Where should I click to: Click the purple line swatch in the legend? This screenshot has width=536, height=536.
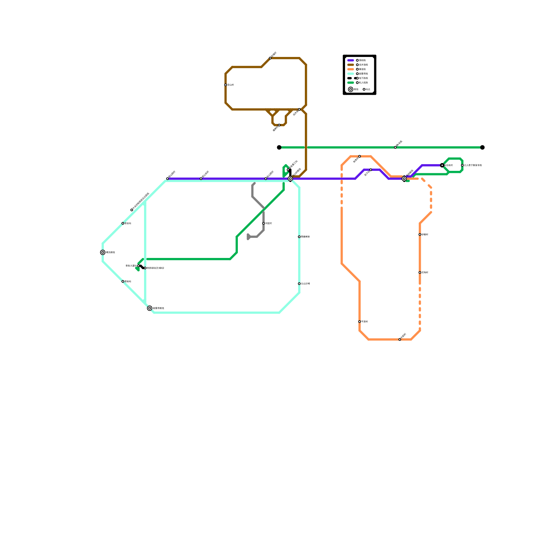click(x=350, y=60)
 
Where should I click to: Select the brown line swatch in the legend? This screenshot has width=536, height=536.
click(x=350, y=65)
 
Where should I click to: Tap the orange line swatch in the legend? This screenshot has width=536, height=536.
click(x=350, y=69)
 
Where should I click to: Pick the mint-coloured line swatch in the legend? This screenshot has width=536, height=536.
click(x=350, y=74)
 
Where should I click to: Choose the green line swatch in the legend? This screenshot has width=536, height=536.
click(x=350, y=82)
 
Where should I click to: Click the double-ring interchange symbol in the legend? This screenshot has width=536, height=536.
click(x=350, y=89)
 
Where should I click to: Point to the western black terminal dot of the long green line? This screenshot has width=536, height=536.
click(x=279, y=147)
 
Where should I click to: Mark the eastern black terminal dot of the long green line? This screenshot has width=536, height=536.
click(x=482, y=147)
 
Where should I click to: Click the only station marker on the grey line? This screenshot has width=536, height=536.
click(x=264, y=223)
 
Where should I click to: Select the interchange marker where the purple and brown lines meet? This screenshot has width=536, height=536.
click(x=290, y=179)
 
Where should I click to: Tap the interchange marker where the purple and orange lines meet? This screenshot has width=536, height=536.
click(x=404, y=179)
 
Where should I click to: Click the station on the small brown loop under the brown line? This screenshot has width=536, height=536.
click(x=279, y=125)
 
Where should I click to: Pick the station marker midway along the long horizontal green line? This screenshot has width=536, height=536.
click(x=395, y=147)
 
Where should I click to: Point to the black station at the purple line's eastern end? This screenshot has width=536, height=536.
click(x=442, y=165)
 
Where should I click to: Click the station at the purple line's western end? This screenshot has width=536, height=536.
click(x=167, y=179)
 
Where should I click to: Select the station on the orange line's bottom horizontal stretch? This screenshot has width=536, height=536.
click(x=400, y=339)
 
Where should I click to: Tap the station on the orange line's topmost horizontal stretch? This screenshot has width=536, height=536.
click(x=359, y=156)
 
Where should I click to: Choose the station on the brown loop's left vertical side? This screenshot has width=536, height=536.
click(x=225, y=85)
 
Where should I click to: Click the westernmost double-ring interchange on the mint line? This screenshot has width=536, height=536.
click(x=103, y=252)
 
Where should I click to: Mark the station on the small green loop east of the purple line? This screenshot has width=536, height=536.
click(x=462, y=165)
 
